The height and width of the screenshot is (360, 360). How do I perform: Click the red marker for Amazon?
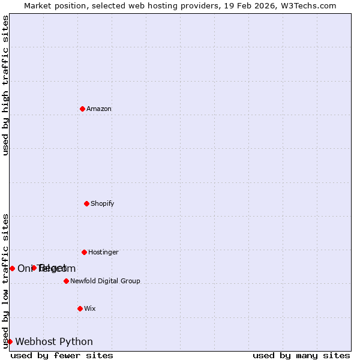(x=82, y=109)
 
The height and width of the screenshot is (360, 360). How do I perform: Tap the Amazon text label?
(x=99, y=109)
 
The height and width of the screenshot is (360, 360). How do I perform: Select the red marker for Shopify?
(x=86, y=203)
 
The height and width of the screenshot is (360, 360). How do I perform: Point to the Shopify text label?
(x=103, y=204)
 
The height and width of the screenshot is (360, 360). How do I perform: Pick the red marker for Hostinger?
(x=84, y=252)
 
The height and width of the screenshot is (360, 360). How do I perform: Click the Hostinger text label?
(x=103, y=253)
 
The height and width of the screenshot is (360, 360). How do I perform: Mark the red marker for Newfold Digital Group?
(x=66, y=281)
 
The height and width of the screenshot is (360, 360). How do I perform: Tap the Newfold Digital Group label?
(x=105, y=281)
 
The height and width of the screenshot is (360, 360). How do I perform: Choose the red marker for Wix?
(x=80, y=308)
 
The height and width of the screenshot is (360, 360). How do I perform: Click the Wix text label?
(x=90, y=309)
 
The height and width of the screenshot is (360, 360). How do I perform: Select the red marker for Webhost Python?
(x=10, y=341)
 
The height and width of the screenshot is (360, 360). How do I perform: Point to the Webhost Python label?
(x=54, y=342)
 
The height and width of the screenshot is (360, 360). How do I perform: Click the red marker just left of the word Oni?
(x=12, y=268)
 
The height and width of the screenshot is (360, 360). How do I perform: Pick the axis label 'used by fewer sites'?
(x=62, y=355)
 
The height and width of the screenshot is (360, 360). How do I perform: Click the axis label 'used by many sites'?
(x=301, y=355)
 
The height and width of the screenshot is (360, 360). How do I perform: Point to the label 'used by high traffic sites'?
(x=5, y=85)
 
